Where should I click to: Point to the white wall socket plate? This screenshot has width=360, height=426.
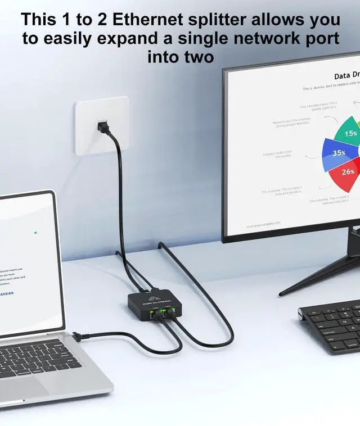[102, 125]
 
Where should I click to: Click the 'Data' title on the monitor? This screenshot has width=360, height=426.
[342, 76]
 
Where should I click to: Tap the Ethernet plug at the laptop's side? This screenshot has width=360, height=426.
[78, 337]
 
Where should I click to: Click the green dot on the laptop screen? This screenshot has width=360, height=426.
[35, 232]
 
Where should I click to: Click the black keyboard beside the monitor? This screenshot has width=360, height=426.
[332, 326]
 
